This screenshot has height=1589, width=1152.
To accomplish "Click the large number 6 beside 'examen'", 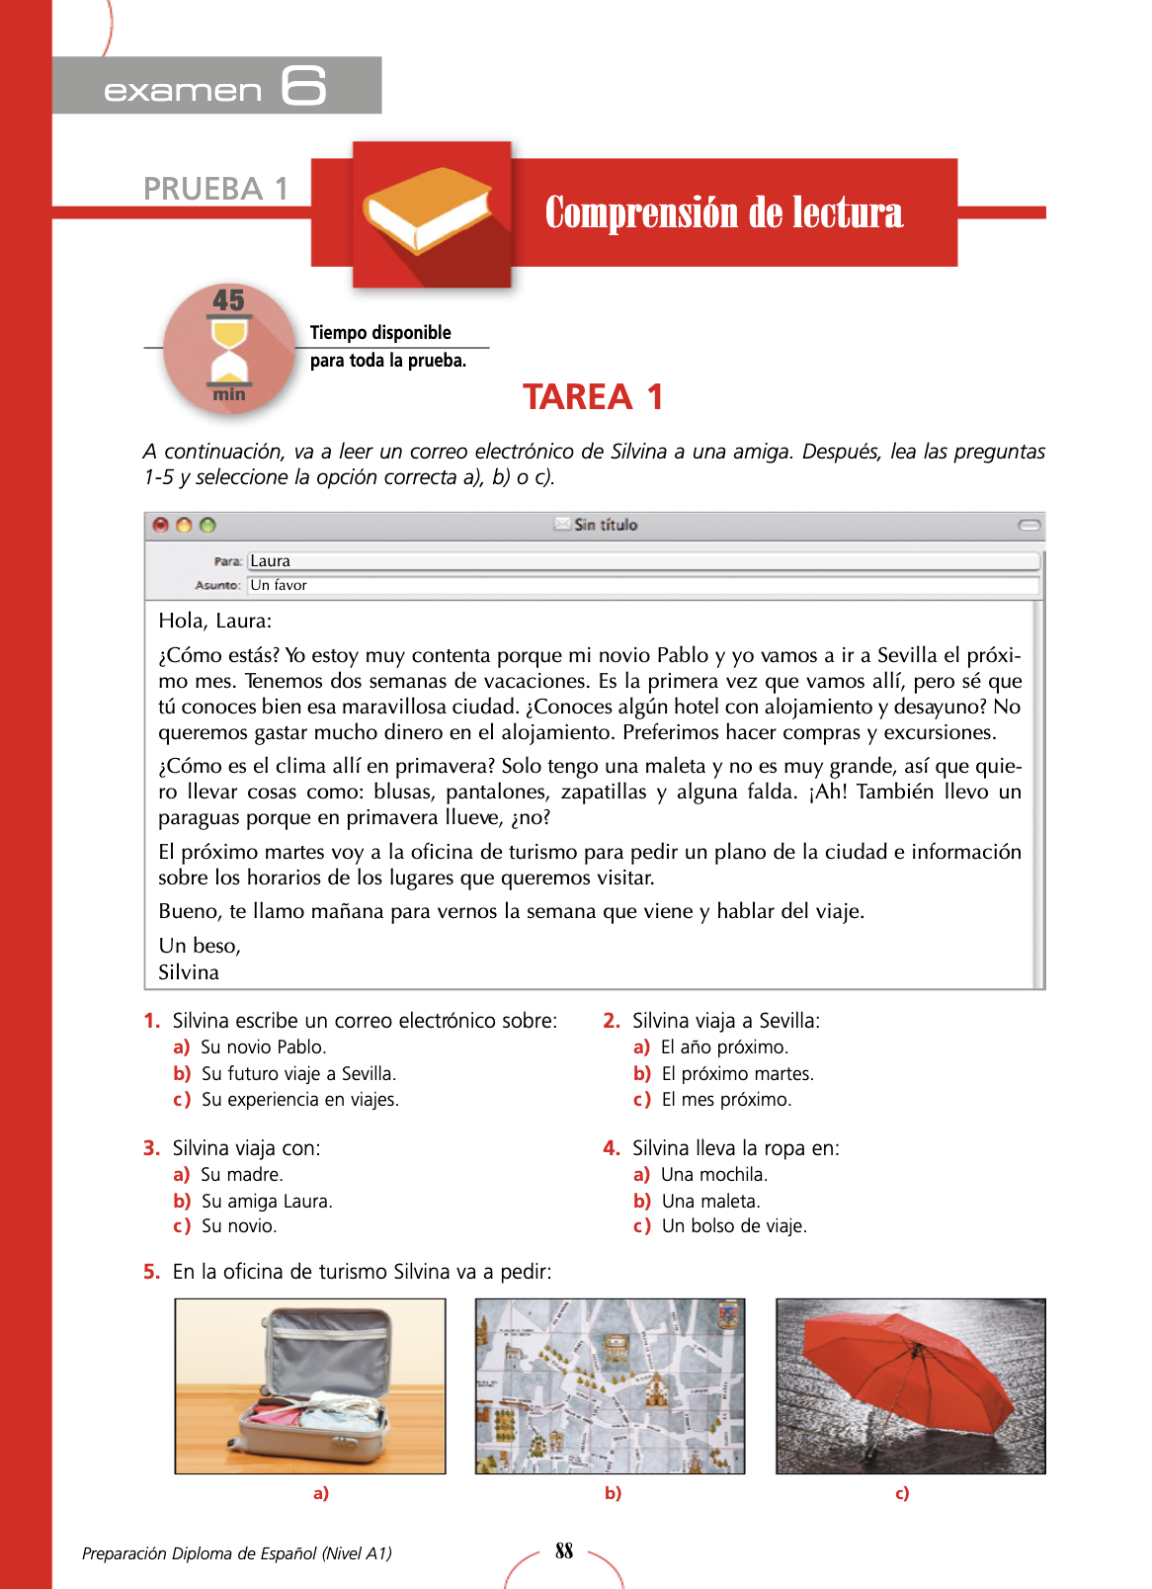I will click(303, 86).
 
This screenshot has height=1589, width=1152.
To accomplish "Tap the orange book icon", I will click(428, 209).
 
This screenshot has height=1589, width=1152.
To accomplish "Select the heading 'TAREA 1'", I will click(593, 397).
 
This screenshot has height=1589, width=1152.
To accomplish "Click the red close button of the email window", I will click(161, 525).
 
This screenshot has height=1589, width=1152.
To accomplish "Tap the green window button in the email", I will click(207, 525).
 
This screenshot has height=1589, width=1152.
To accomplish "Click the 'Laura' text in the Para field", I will click(270, 561).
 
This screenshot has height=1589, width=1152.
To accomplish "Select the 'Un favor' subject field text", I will click(279, 585).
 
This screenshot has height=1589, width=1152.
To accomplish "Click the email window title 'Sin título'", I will click(605, 525).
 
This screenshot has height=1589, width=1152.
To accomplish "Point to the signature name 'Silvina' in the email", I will click(189, 972).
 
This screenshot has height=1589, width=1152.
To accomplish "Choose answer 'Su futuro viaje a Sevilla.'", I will click(298, 1074).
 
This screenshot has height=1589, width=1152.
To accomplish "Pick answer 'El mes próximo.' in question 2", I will click(726, 1100).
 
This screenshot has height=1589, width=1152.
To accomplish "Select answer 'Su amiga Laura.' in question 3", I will click(267, 1202).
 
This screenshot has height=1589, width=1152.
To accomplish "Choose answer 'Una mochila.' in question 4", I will click(713, 1175).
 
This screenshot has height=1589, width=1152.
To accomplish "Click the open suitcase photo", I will click(310, 1385).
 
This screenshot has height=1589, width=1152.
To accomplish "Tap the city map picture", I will click(610, 1385).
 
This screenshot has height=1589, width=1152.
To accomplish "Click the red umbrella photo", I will click(910, 1385).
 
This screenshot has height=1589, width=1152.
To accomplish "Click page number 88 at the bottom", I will click(564, 1551).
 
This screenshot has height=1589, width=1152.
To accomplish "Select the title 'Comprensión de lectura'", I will click(724, 212).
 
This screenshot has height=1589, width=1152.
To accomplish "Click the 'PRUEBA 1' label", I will click(215, 188).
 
